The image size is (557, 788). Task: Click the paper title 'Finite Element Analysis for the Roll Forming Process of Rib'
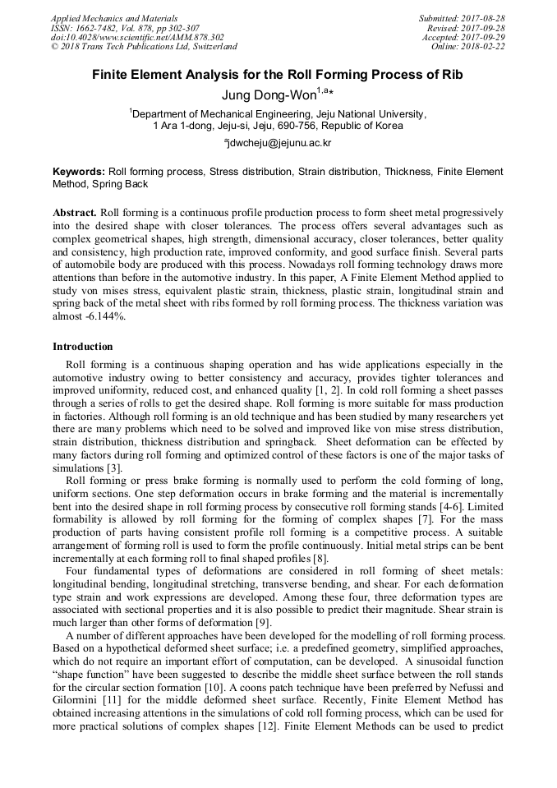pyautogui.click(x=278, y=75)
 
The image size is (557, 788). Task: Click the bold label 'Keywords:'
pyautogui.click(x=79, y=172)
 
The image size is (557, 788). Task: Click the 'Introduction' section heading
pyautogui.click(x=83, y=347)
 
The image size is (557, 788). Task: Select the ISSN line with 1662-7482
pyautogui.click(x=120, y=27)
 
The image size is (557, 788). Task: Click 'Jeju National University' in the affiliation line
pyautogui.click(x=366, y=114)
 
